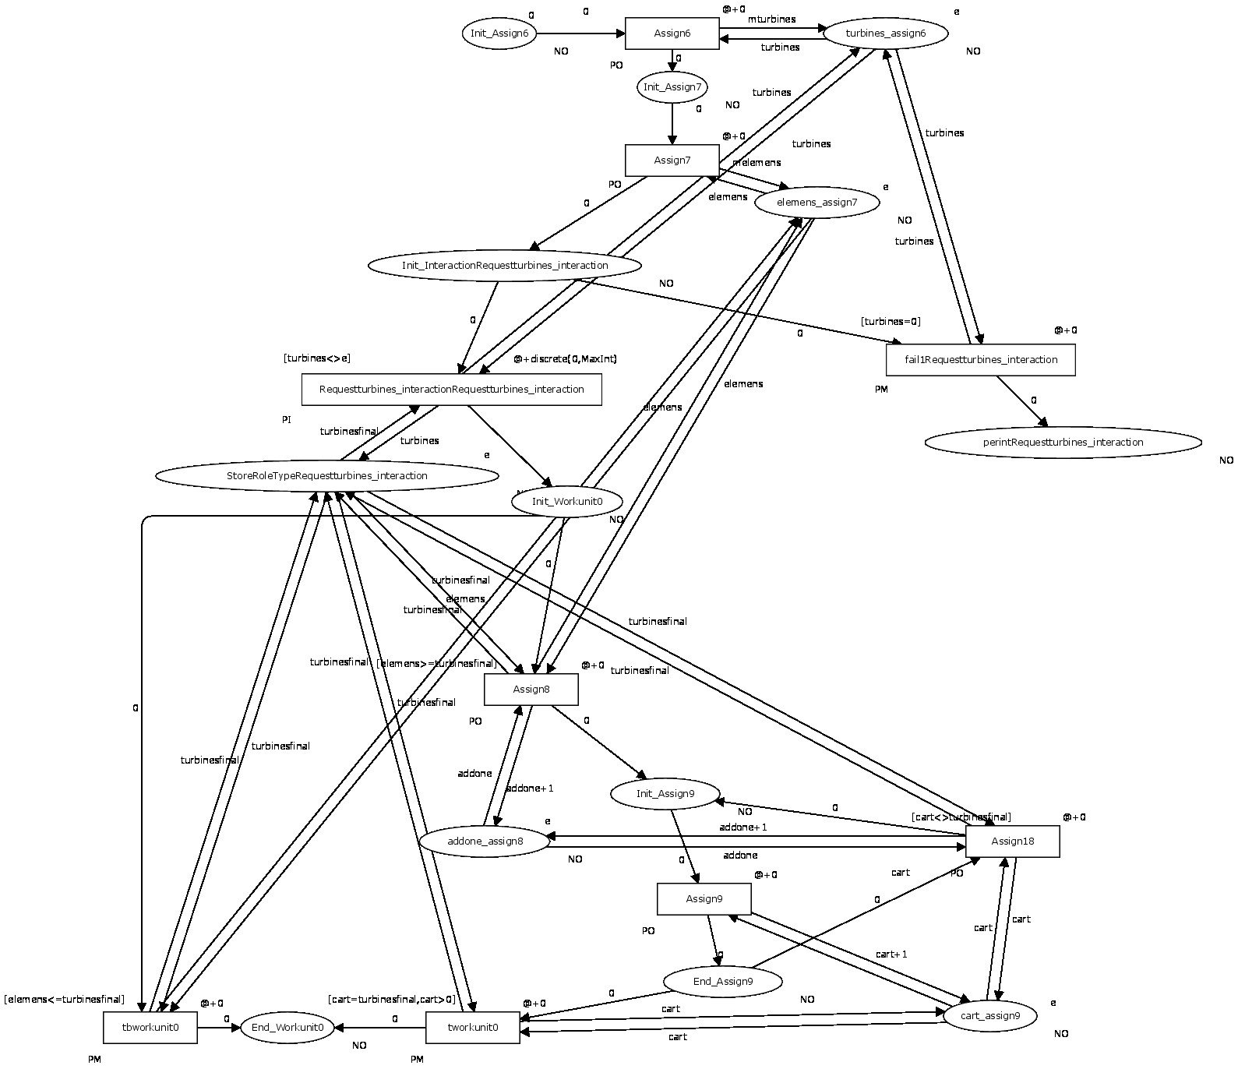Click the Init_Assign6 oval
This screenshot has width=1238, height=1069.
499,34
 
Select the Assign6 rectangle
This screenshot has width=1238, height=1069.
672,34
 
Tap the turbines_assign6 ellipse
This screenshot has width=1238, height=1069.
885,34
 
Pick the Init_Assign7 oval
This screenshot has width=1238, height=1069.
672,87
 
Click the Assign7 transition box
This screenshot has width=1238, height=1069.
672,161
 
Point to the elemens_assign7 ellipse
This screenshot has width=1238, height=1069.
817,203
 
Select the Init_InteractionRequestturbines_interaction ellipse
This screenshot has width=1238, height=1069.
505,266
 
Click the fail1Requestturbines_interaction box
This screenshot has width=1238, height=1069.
980,360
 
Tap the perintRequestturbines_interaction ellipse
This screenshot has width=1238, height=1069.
1063,443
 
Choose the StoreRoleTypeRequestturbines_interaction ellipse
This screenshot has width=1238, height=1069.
326,476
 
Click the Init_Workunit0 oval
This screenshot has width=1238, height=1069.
567,501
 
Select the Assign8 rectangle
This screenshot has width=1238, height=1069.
531,690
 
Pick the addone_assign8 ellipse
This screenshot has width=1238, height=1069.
485,841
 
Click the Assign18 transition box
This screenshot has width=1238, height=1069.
1012,841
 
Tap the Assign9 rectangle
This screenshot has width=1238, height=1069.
704,899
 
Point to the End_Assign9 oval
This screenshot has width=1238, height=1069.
722,982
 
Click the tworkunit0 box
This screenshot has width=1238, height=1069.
472,1028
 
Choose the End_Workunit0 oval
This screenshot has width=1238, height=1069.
287,1028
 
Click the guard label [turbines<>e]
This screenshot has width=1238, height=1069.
316,358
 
